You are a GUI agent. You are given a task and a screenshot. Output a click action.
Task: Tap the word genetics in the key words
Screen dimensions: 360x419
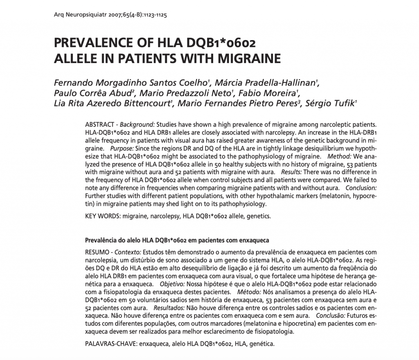coord(258,216)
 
